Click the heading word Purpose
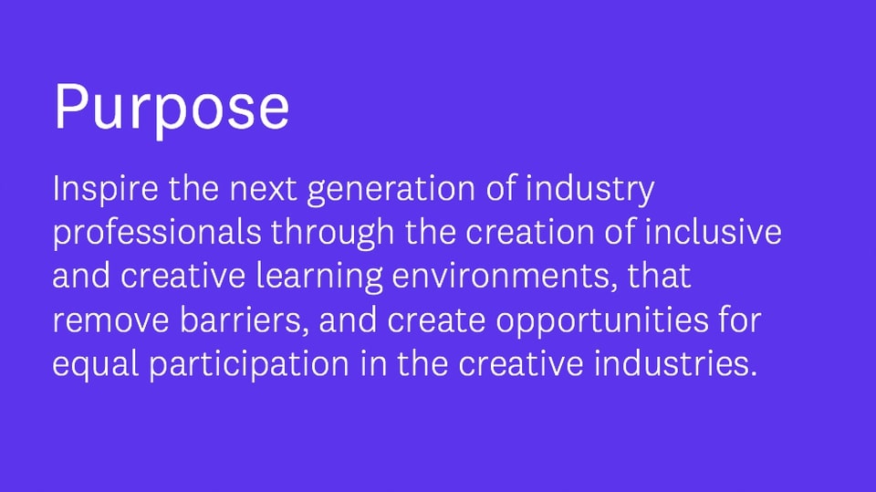coord(172,109)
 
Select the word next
coord(263,189)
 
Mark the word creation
coord(529,232)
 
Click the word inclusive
coord(713,232)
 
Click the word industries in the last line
coord(670,363)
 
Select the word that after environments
coord(659,276)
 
